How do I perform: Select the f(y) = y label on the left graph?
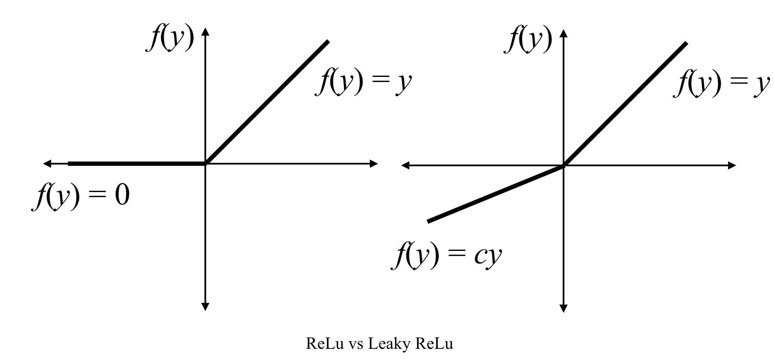tap(364, 83)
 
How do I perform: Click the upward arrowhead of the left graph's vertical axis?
tap(205, 32)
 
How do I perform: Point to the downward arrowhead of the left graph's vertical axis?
tap(205, 306)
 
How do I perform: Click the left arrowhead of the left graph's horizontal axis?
tap(48, 163)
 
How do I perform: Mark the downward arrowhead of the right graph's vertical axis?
tap(564, 308)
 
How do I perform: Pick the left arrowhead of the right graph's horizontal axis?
tap(406, 165)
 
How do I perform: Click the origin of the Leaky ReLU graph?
tap(564, 165)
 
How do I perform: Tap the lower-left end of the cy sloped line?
tap(428, 222)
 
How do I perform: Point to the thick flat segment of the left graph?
tap(137, 163)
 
